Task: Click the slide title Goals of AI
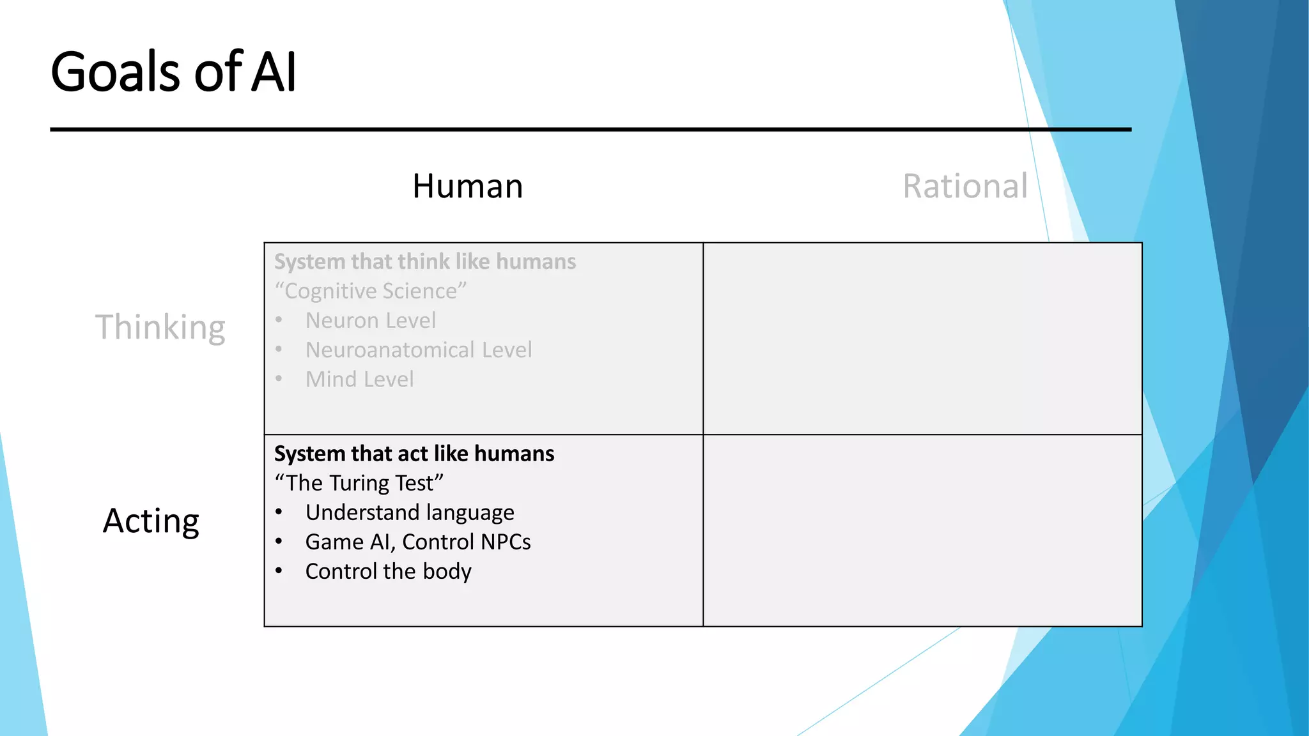[x=173, y=72]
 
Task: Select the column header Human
[x=467, y=187]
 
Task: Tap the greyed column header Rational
[x=964, y=187]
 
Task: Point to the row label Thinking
[x=160, y=327]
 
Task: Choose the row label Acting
[x=151, y=521]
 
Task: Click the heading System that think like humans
[x=425, y=262]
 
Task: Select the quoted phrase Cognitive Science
[x=371, y=291]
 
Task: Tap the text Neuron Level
[x=371, y=321]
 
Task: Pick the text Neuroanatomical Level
[x=419, y=350]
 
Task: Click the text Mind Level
[x=359, y=379]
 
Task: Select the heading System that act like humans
[x=414, y=454]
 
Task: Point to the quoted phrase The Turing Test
[x=359, y=483]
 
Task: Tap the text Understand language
[x=410, y=512]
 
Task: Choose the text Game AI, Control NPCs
[x=418, y=542]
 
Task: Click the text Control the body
[x=388, y=571]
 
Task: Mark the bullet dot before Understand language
[x=279, y=512]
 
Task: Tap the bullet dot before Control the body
[x=279, y=571]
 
